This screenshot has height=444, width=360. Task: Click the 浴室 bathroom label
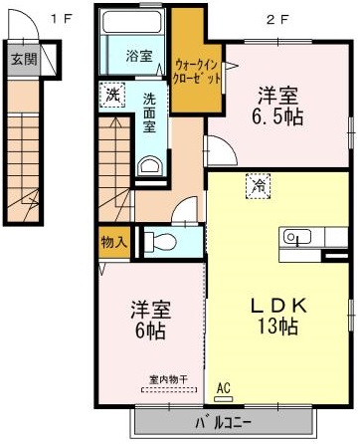point(138,56)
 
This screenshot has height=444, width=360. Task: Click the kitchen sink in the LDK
point(297,237)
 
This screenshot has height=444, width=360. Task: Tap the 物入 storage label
point(114,242)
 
